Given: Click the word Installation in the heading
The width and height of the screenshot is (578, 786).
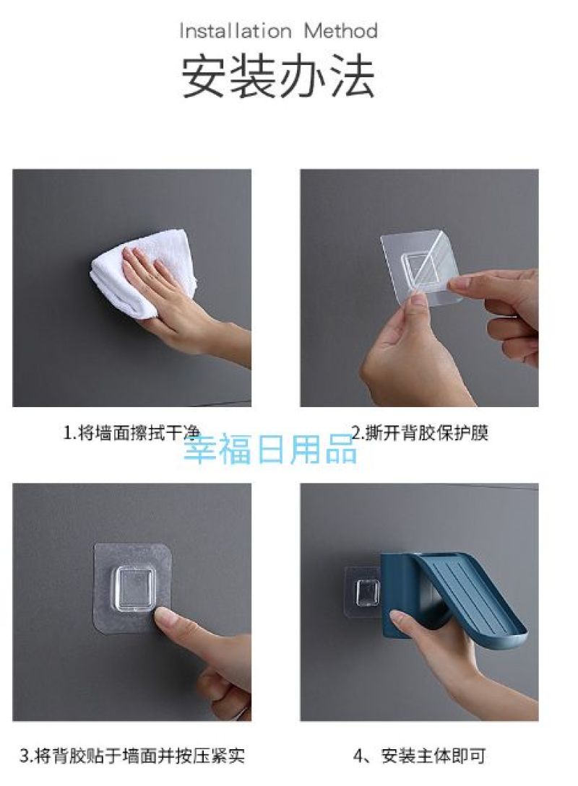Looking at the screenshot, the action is tap(236, 32).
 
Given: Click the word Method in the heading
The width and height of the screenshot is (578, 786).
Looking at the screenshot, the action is tap(341, 32).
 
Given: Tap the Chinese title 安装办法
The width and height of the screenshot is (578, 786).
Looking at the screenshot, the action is tap(277, 77).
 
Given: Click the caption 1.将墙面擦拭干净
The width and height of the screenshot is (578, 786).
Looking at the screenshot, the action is tap(131, 432).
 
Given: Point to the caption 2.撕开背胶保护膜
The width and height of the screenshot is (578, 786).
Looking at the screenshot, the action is tap(420, 432).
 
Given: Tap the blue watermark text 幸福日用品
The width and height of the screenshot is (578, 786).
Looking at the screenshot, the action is tap(271, 449).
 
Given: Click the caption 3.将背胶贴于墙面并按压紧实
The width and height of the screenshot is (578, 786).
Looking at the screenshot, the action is tap(132, 756).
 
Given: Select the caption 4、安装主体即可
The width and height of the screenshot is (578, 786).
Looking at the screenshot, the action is tap(420, 756).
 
